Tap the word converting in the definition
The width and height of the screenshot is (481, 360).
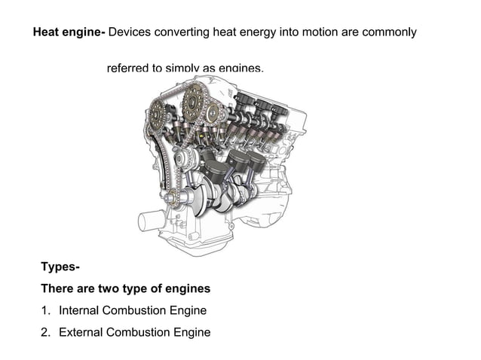185,33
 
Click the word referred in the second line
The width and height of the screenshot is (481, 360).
127,69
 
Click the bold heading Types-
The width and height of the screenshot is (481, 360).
60,267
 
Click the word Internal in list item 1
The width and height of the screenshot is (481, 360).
80,310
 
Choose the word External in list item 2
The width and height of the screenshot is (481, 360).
81,332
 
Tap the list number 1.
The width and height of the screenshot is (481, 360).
45,310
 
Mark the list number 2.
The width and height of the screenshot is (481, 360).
45,332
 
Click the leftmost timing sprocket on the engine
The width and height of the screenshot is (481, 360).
158,115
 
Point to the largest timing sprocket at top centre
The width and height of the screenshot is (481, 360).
195,98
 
